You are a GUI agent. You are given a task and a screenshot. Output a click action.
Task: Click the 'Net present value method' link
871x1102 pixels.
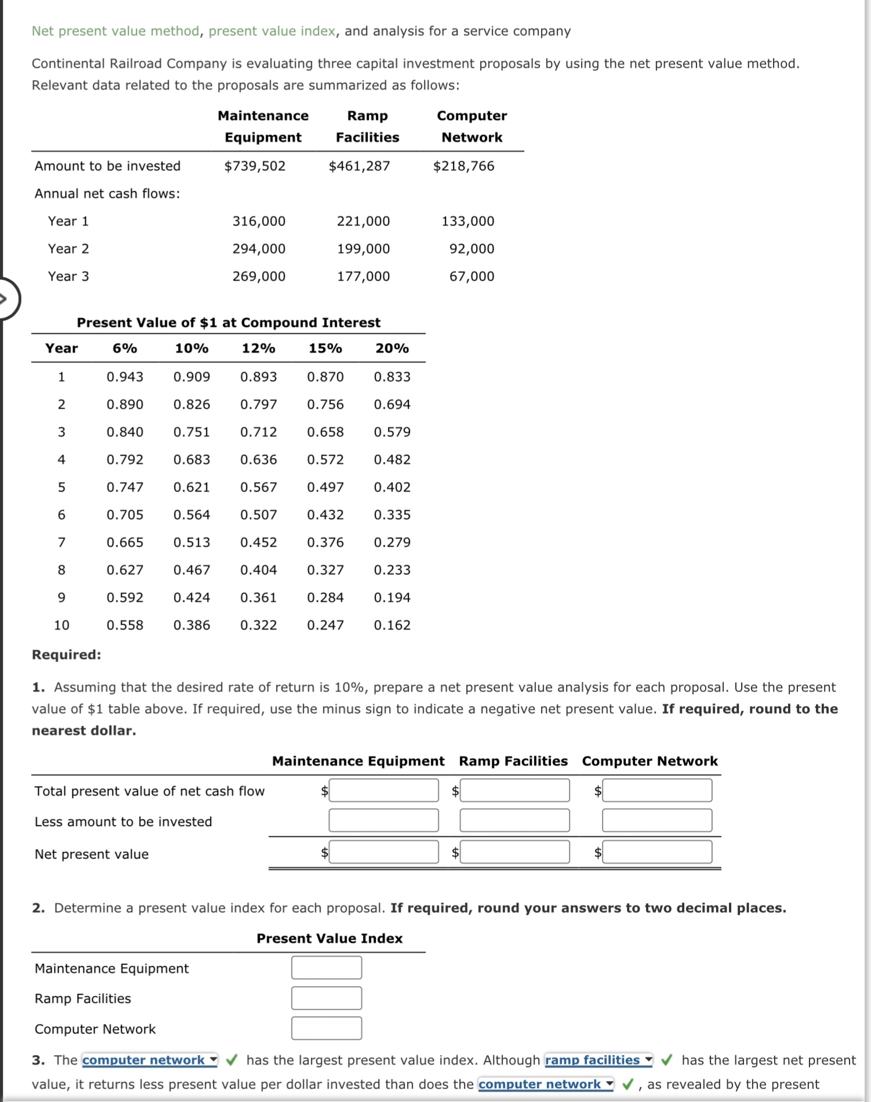(115, 31)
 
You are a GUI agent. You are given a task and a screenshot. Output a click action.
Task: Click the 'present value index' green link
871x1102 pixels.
(271, 31)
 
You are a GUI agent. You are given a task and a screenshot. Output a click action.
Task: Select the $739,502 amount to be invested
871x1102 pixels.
(255, 166)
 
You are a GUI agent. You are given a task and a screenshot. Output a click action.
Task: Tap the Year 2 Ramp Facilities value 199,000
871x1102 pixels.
(363, 249)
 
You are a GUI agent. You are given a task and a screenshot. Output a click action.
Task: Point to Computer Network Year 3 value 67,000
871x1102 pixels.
(471, 277)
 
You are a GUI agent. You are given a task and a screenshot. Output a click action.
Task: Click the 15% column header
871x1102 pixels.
(325, 348)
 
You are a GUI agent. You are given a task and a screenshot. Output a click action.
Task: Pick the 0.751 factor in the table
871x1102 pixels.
(191, 432)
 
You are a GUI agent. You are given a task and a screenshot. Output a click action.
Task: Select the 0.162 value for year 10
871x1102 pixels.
(392, 625)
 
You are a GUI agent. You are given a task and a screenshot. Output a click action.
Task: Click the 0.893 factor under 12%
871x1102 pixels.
(258, 377)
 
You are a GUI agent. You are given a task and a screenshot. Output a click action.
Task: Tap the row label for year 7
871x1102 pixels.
(61, 543)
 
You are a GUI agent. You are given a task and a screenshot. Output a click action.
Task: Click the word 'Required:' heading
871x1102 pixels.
(66, 655)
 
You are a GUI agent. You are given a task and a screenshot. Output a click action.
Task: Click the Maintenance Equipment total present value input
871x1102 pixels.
(383, 791)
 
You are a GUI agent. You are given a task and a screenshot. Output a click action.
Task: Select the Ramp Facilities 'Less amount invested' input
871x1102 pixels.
(514, 821)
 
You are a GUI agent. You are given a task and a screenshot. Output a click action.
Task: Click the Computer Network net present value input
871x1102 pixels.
(656, 852)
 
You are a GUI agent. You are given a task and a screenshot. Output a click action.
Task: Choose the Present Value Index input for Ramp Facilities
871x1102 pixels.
(326, 998)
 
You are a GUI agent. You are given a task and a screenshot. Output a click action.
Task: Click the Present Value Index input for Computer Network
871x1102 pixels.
(326, 1028)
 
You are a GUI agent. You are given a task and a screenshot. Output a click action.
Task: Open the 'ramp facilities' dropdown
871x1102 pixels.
(598, 1060)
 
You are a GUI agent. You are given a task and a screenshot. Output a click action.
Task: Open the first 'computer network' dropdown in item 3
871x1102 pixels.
(150, 1060)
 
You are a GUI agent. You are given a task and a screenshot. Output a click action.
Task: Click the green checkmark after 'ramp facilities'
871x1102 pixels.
(667, 1060)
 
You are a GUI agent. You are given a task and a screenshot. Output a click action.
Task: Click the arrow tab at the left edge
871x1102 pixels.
(7, 299)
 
